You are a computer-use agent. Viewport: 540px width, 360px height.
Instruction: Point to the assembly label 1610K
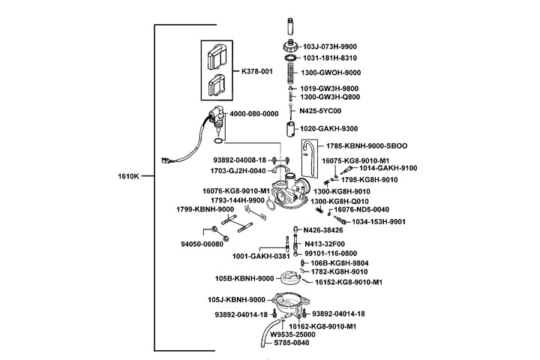(129, 176)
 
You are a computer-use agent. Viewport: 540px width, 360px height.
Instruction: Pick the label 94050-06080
(202, 244)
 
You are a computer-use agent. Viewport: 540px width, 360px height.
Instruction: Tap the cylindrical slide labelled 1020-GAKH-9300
(289, 127)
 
